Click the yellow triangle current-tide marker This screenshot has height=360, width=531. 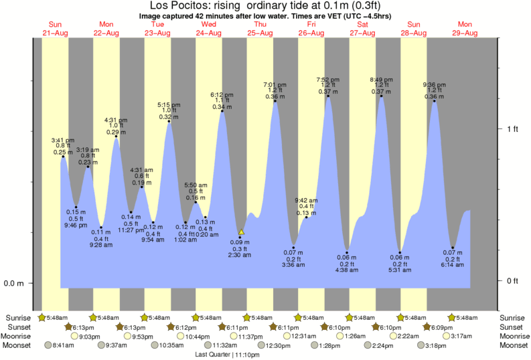(241, 232)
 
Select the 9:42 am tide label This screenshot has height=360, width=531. (306, 199)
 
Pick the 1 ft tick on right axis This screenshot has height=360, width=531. (512, 129)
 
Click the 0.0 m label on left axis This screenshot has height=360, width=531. (14, 283)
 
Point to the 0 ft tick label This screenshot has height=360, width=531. (512, 280)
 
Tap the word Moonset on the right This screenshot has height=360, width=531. (514, 346)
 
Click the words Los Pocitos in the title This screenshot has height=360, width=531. (163, 6)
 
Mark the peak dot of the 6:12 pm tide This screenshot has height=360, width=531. (222, 112)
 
